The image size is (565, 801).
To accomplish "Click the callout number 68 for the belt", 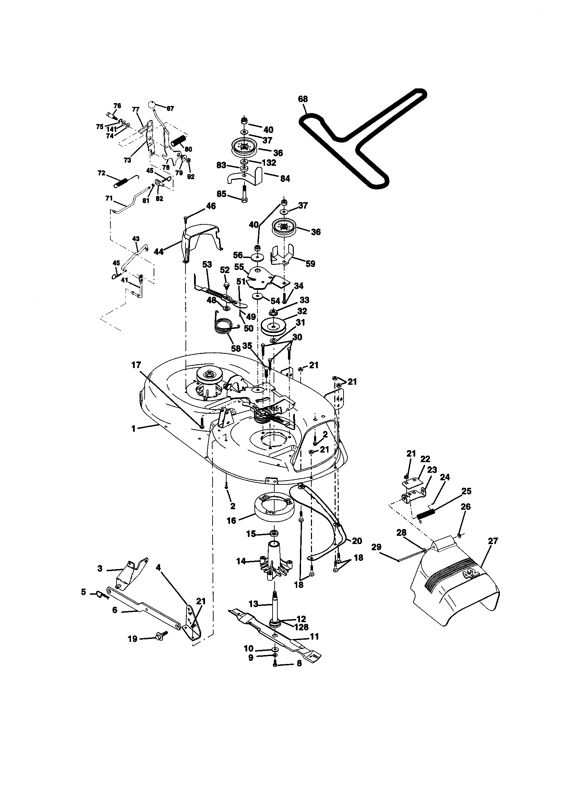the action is [303, 99].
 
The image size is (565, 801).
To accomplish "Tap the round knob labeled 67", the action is [151, 104].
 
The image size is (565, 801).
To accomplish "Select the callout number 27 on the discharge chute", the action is [493, 541].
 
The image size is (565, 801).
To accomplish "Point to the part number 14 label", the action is [241, 562].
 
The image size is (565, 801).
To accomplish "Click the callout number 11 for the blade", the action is [315, 637].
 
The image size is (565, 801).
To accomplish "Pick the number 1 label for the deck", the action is [133, 428].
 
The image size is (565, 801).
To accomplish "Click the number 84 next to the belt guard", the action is [285, 178].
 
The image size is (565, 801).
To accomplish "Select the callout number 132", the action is [269, 163].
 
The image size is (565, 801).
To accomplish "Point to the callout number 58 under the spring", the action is [236, 348].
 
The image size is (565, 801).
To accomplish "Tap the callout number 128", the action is [301, 627].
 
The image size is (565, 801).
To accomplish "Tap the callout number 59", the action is [310, 263].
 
